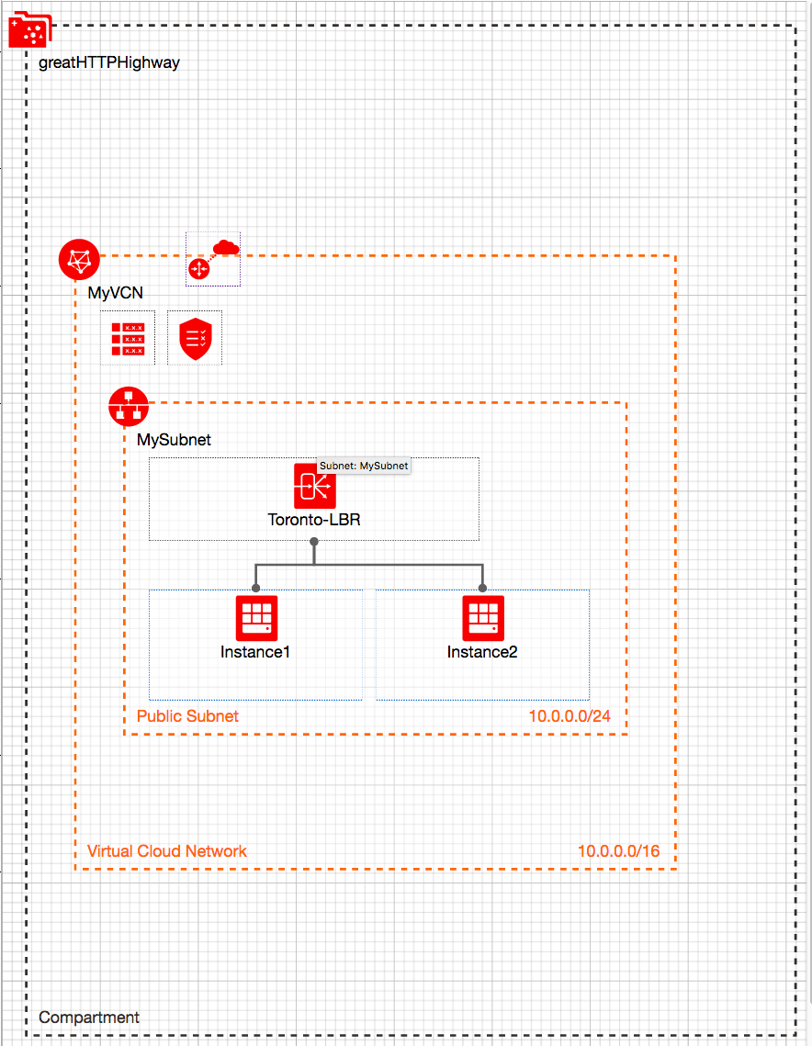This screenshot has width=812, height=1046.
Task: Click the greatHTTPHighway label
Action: [x=109, y=63]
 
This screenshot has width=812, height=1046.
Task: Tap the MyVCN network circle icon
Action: [x=78, y=260]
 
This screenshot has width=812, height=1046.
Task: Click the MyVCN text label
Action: [x=115, y=293]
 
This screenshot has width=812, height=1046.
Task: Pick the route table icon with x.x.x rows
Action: [x=128, y=338]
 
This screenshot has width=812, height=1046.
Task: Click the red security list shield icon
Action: [x=195, y=338]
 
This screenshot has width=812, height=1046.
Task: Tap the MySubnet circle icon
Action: [x=128, y=406]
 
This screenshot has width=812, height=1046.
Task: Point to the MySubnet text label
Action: [x=174, y=440]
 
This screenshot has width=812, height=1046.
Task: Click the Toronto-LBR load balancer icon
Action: [x=314, y=486]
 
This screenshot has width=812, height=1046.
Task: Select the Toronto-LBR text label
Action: [x=314, y=520]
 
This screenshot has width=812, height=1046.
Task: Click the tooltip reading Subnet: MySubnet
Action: [x=364, y=466]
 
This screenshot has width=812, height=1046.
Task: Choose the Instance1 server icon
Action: [x=256, y=618]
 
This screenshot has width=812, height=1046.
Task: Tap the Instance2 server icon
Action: [x=482, y=618]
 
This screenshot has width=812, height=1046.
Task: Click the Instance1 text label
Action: [x=255, y=652]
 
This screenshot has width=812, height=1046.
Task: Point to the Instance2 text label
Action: [x=482, y=652]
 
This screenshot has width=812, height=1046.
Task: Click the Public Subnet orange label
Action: [x=187, y=716]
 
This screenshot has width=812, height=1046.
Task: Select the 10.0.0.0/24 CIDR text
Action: [x=570, y=716]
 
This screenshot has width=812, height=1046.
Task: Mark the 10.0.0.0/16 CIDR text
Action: [x=618, y=851]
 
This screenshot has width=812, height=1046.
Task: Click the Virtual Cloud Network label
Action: [x=167, y=851]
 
